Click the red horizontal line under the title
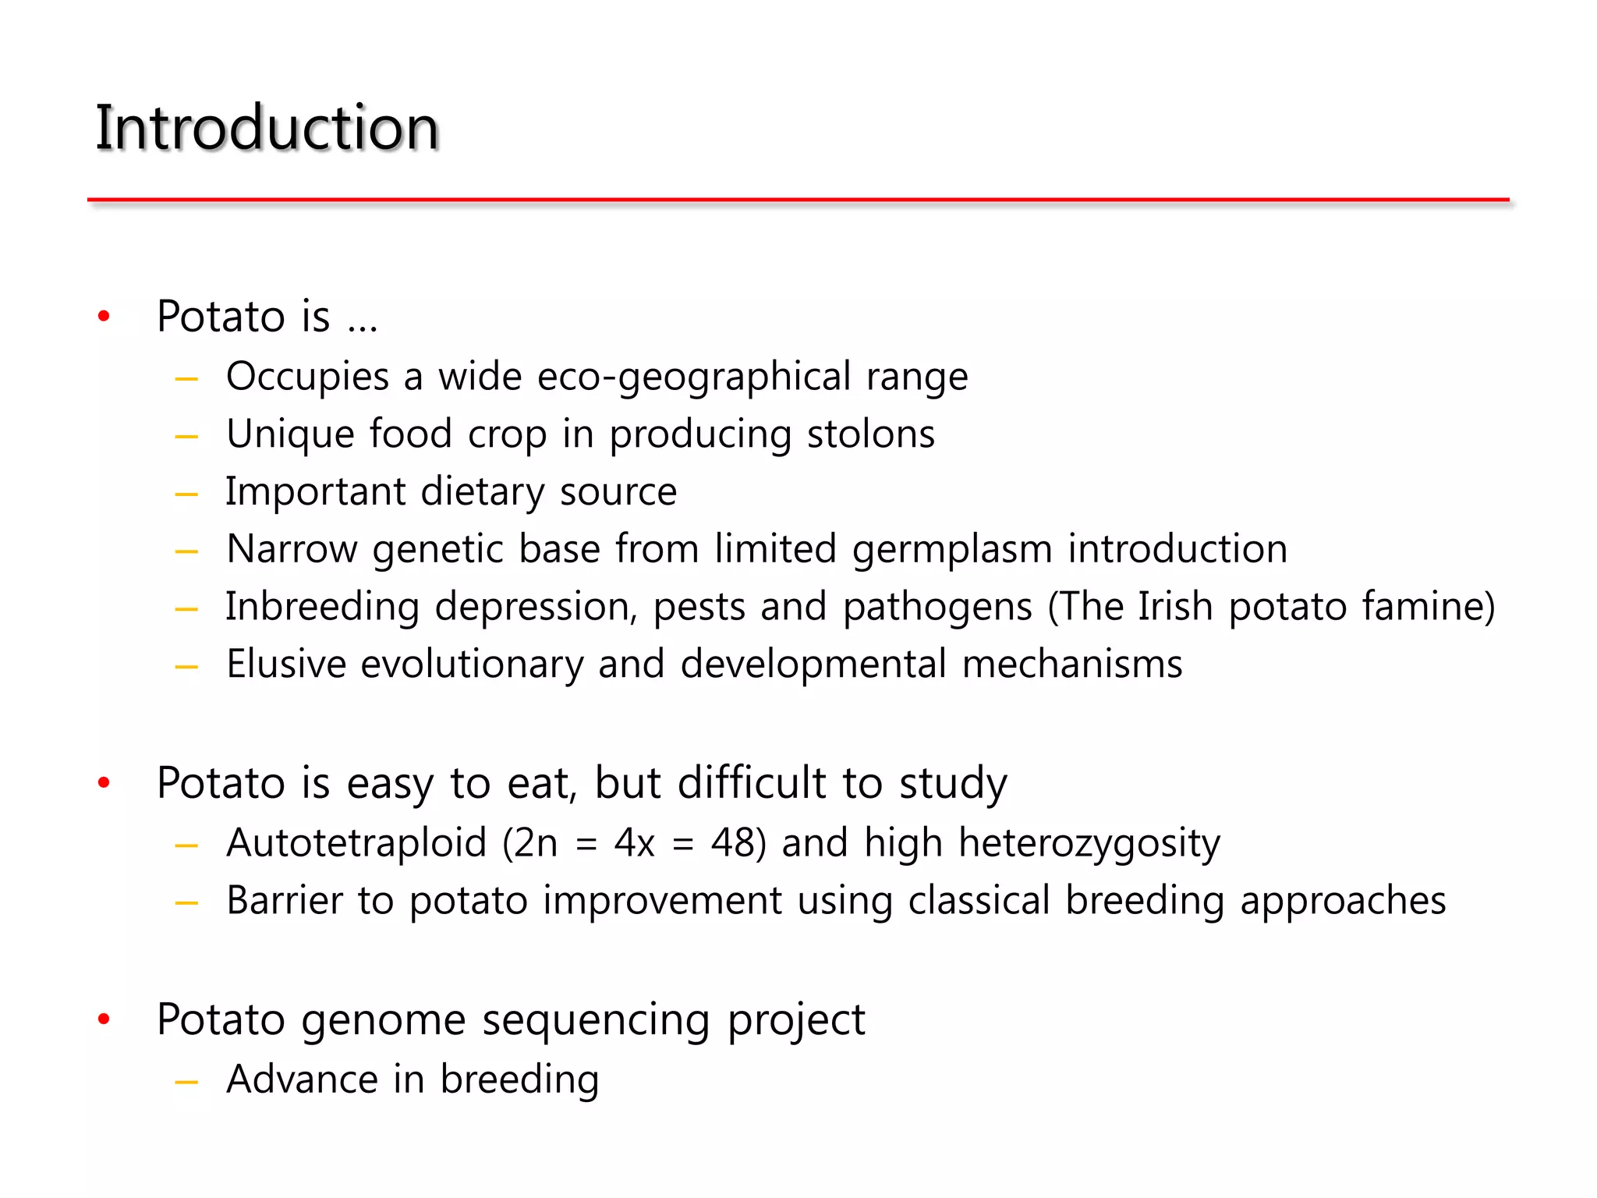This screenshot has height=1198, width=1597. [798, 200]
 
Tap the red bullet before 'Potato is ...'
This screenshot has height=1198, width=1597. [104, 317]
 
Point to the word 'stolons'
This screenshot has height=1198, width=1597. [870, 434]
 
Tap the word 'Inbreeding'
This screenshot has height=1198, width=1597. [322, 608]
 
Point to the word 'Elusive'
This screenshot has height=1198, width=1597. [285, 665]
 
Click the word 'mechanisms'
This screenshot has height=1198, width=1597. [1071, 665]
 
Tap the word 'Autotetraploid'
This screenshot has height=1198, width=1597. [356, 844]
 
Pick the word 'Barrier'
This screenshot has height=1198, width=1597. [284, 901]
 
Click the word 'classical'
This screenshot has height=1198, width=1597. [979, 901]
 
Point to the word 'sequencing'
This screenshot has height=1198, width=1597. [596, 1021]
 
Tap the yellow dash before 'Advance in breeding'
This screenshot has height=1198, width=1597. [186, 1083]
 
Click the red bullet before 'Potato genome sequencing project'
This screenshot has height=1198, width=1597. [104, 1020]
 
